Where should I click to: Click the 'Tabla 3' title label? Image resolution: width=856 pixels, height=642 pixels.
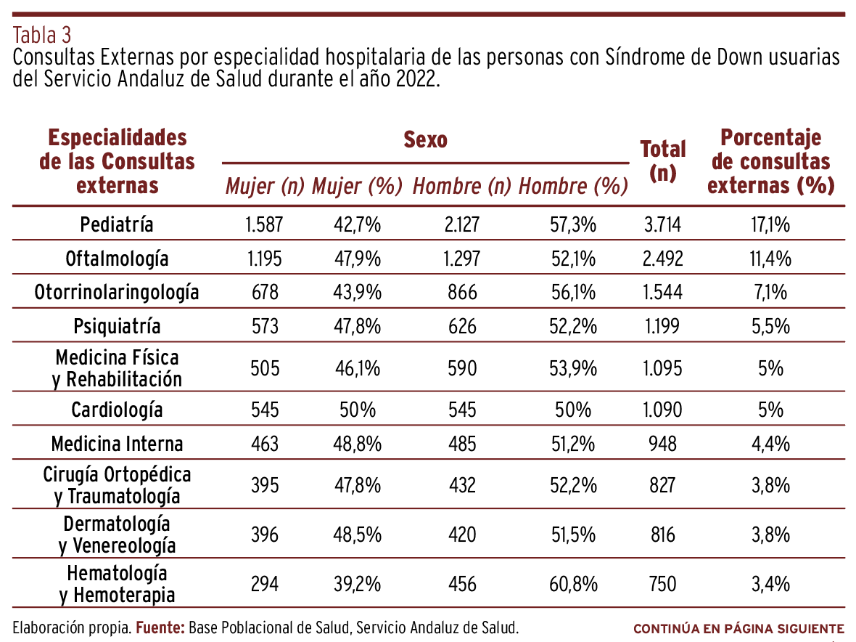[42, 35]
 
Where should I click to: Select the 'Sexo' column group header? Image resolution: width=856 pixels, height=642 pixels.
[425, 139]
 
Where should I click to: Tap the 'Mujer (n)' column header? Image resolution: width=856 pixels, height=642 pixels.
[265, 187]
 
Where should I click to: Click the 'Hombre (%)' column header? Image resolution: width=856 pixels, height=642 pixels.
[572, 187]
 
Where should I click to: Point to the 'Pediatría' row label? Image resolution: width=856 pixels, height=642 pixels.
[117, 224]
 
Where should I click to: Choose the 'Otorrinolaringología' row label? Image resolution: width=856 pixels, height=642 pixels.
[117, 293]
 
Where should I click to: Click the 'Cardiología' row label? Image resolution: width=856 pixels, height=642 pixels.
[117, 410]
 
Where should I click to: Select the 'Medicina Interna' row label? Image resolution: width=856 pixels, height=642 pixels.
[117, 444]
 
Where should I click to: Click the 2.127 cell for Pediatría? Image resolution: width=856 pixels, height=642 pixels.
[461, 224]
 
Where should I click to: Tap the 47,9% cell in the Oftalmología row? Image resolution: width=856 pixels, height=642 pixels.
[358, 259]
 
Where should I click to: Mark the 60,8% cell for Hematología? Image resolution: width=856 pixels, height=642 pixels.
[573, 584]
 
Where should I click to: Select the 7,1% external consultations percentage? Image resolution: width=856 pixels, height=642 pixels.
[770, 293]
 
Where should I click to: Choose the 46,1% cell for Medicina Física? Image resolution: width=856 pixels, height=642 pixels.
[358, 368]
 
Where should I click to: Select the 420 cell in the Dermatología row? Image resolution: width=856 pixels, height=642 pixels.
[461, 535]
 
